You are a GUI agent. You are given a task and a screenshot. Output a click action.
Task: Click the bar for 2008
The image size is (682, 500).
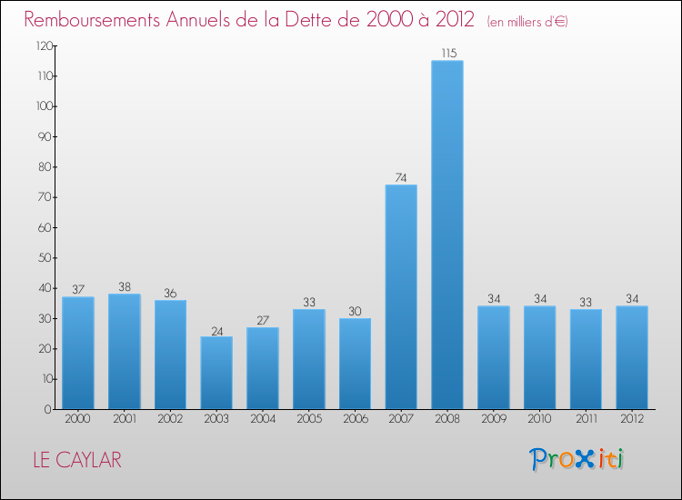[x=447, y=235]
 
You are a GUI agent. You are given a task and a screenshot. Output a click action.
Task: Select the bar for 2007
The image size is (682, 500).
[x=401, y=296]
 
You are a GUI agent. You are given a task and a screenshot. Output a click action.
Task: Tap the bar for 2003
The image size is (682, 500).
[x=216, y=373]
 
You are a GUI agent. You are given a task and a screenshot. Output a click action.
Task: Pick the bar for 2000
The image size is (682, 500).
[x=78, y=353]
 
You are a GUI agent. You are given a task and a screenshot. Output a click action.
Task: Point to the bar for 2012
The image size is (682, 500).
[x=632, y=357]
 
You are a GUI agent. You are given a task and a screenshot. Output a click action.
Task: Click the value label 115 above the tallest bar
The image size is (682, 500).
[x=447, y=54]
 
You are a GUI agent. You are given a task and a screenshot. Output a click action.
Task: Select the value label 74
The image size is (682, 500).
[x=401, y=177]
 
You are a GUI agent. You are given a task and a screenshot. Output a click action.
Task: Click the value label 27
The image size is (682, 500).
[x=263, y=320]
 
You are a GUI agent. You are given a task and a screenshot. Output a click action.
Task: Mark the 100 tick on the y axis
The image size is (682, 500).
[x=44, y=106]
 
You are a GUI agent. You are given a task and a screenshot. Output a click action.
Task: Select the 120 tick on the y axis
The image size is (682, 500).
[x=44, y=45]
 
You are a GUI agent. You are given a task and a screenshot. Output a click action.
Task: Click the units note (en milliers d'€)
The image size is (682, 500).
[x=527, y=21]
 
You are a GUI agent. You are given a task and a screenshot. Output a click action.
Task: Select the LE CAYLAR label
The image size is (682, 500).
[x=76, y=460]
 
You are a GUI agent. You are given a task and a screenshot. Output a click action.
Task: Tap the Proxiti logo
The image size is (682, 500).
[x=577, y=459]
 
